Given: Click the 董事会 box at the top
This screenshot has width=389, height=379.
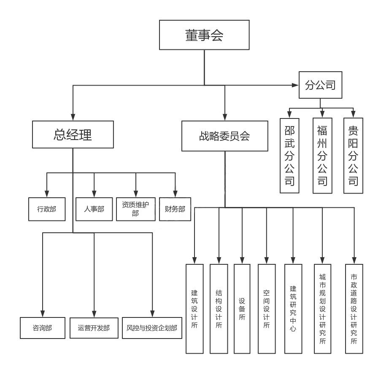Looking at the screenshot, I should pos(204,35).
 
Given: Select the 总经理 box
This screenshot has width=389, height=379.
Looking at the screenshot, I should pos(73,134).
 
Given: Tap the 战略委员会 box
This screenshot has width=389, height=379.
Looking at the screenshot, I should pos(224,136).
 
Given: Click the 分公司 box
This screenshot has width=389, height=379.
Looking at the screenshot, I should pos(320,85).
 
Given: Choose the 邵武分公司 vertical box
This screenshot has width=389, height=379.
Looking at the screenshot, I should pos(289,156).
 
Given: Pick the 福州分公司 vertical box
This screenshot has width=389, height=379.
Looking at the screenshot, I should pos(322,156).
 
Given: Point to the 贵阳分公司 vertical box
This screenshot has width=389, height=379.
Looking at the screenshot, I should pos(353,156).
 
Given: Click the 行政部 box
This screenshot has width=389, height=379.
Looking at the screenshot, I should pos(47,209).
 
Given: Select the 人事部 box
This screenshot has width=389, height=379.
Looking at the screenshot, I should pos(94,209).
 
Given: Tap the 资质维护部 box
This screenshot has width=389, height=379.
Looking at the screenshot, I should pos(135,209).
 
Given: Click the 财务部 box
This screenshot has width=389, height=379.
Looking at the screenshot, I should pos(175,209).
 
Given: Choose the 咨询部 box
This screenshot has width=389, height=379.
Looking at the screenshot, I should pos(42,328).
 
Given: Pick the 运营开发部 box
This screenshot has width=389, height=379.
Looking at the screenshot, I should pos(94,328).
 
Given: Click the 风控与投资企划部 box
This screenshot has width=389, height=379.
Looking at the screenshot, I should pos(152,328).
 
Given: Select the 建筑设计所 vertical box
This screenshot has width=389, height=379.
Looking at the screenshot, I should pos(194,309).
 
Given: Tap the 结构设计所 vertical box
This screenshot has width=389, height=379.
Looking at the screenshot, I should pos(219,309).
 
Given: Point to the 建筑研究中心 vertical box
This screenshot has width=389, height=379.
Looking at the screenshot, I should pos(293,309).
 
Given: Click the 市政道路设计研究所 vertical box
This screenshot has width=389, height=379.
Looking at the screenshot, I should pos(354,309).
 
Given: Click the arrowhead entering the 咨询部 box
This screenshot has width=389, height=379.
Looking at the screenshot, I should pos(42,314).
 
